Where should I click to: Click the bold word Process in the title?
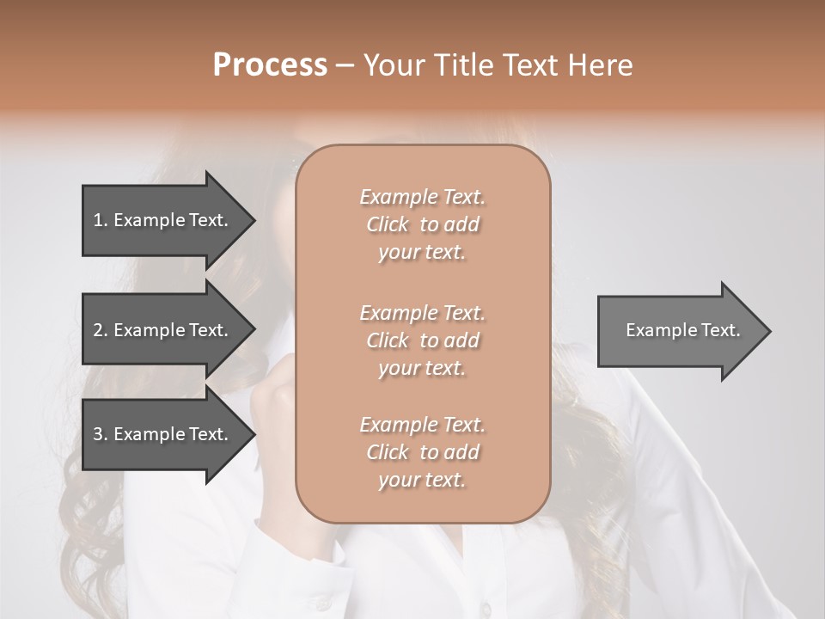coord(270,65)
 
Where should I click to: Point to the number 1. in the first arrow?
coord(100,220)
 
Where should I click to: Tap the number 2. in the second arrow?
coord(100,330)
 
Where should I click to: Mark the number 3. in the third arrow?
coord(100,434)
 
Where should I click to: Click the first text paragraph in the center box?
coord(422,224)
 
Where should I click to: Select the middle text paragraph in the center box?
coord(422,340)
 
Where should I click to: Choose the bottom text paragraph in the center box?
coord(422,452)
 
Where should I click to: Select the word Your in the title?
coord(391,65)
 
